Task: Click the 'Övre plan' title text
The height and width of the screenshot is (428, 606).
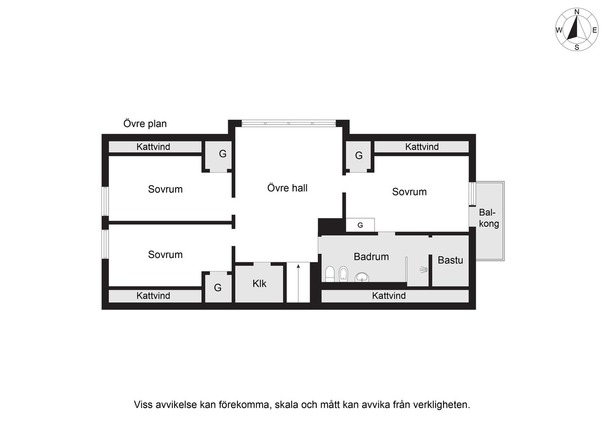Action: (145, 124)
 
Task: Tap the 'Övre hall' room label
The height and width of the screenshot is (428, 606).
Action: (287, 188)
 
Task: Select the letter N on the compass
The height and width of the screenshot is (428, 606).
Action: (577, 12)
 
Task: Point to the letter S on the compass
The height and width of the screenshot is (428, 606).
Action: (577, 47)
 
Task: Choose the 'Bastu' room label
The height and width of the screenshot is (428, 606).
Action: (450, 260)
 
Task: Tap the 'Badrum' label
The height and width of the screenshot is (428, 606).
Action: (371, 257)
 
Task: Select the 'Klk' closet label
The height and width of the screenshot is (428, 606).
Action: (259, 284)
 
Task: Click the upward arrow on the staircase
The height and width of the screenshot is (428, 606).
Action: (298, 275)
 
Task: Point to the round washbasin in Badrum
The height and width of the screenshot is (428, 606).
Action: (362, 277)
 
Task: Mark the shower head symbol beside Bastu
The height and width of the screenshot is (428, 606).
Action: (423, 270)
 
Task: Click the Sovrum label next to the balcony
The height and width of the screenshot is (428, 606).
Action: (410, 192)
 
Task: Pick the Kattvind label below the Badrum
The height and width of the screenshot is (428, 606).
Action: (389, 296)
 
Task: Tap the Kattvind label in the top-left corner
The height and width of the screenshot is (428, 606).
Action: (153, 147)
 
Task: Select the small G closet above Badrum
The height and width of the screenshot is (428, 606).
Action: (360, 225)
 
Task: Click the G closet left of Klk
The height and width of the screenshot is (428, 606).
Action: (218, 287)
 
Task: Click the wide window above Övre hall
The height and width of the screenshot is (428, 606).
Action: (289, 124)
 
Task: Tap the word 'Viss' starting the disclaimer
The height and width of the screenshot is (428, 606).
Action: (143, 405)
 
